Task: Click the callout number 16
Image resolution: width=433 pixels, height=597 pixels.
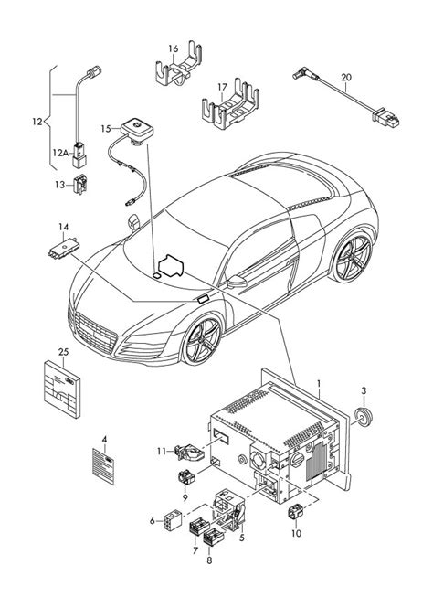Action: pos(173,48)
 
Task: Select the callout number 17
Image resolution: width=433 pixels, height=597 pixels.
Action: pos(222,89)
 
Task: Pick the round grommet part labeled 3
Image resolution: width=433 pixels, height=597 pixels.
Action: pos(364,419)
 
